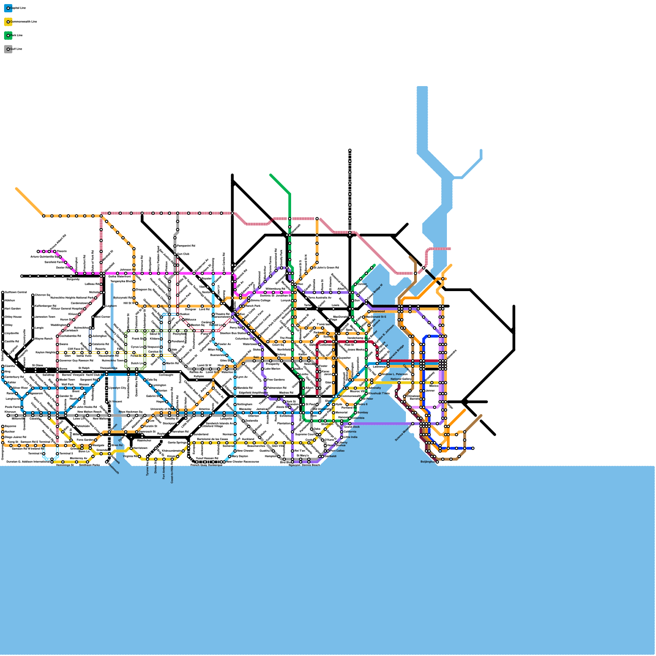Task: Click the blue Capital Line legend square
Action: [x=8, y=8]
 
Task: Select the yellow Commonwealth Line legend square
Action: [x=8, y=22]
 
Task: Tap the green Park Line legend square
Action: [x=8, y=35]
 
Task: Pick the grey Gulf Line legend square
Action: [x=8, y=49]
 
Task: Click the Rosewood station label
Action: [x=378, y=312]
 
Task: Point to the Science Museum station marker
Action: [x=413, y=424]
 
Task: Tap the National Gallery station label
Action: [x=401, y=379]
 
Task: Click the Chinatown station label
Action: [x=413, y=396]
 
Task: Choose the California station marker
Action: [x=342, y=432]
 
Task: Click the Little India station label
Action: [x=351, y=437]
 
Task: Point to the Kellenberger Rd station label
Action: [x=46, y=306]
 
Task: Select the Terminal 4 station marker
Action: [x=43, y=453]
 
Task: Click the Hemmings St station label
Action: [x=65, y=465]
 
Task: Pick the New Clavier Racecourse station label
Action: [x=243, y=462]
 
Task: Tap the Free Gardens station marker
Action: [x=265, y=380]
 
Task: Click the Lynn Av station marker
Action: [x=235, y=377]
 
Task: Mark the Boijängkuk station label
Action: [x=428, y=462]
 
